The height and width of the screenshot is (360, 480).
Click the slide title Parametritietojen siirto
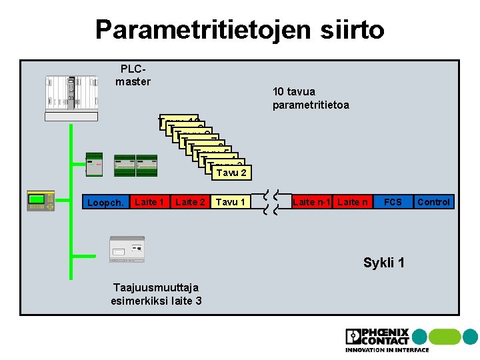pyautogui.click(x=239, y=29)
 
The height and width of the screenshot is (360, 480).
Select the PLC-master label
pyautogui.click(x=133, y=75)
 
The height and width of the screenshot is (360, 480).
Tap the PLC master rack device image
pyautogui.click(x=71, y=97)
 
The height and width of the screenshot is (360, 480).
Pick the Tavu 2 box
pyautogui.click(x=231, y=173)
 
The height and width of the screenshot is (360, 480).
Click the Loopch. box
pyautogui.click(x=105, y=202)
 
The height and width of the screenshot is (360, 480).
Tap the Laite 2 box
pyautogui.click(x=190, y=201)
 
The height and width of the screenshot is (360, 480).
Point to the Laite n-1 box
pyautogui.click(x=312, y=201)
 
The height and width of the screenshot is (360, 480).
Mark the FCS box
pyautogui.click(x=393, y=201)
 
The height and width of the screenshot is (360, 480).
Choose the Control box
pyautogui.click(x=433, y=201)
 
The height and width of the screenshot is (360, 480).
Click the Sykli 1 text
pyautogui.click(x=383, y=262)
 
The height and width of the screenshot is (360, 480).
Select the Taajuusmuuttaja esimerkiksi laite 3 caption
pyautogui.click(x=157, y=294)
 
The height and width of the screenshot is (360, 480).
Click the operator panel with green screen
pyautogui.click(x=40, y=200)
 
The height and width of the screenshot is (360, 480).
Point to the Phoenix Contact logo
pyautogui.click(x=377, y=340)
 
